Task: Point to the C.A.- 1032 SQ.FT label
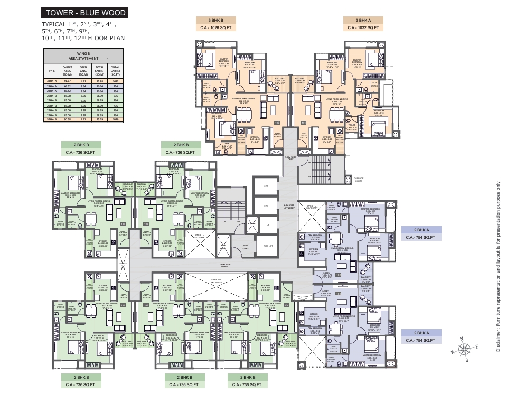click(364, 28)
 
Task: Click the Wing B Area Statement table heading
click(83, 55)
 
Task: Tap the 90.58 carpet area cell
click(67, 120)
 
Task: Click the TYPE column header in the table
click(52, 71)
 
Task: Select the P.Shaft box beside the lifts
click(252, 224)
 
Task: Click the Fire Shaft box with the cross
click(223, 246)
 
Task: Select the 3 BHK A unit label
click(364, 20)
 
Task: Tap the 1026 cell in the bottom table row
click(115, 120)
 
